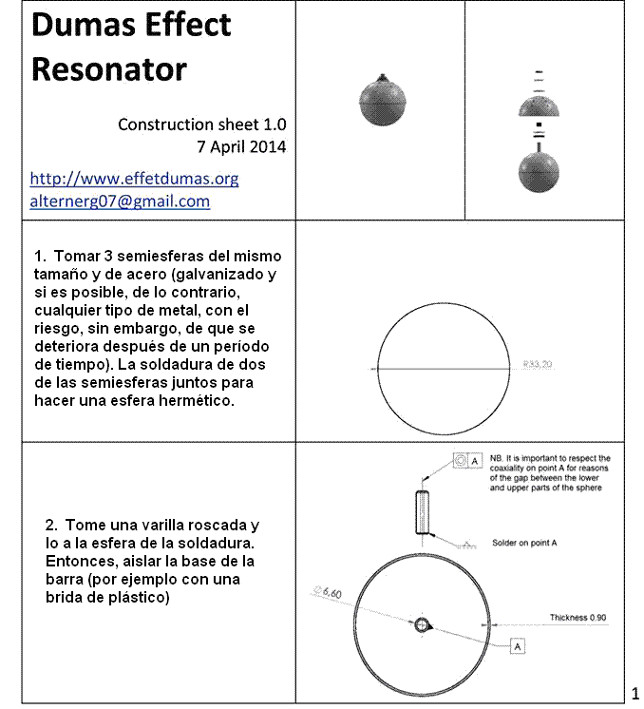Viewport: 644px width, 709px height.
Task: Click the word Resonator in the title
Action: coord(109,68)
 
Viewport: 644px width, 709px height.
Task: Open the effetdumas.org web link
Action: coord(134,179)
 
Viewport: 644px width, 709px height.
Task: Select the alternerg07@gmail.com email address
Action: coord(120,201)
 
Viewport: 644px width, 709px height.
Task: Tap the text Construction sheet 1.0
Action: coord(201,125)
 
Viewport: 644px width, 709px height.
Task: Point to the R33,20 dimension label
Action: coord(538,363)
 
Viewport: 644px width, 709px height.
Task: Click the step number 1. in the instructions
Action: coord(40,257)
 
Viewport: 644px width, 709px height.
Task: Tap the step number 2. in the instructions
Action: coord(51,525)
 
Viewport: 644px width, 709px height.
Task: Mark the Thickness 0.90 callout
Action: coord(578,618)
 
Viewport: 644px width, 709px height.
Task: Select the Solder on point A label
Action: coord(524,543)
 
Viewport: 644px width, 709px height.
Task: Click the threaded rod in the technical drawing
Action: coord(422,513)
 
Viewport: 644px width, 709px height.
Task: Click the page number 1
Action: coord(635,689)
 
